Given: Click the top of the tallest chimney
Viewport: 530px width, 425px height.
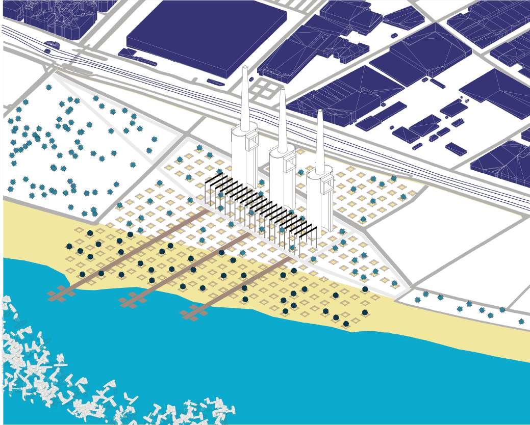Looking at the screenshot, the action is click(x=245, y=68).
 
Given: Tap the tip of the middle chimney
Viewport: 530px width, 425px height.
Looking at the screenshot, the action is click(x=282, y=90).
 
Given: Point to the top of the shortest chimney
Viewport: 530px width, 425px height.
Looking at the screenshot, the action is click(x=320, y=112).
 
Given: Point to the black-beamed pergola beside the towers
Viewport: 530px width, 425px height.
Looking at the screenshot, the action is click(x=260, y=209).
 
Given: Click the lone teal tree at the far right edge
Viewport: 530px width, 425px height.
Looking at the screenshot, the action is click(x=521, y=322).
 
